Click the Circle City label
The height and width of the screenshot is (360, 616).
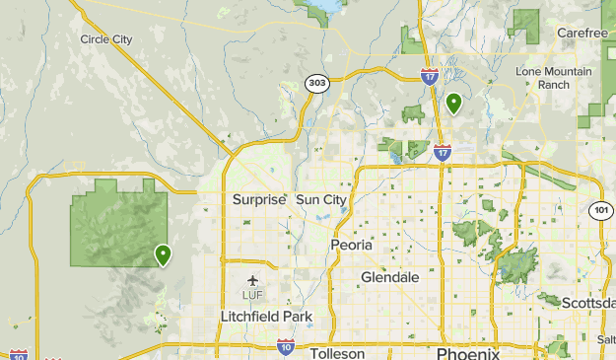click(x=106, y=39)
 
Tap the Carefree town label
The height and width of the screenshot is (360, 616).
click(x=582, y=33)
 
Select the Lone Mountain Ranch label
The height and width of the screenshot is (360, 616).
click(x=554, y=78)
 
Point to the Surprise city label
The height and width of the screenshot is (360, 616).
click(x=259, y=199)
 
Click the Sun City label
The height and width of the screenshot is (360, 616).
click(x=321, y=199)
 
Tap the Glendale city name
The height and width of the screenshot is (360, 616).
click(x=389, y=277)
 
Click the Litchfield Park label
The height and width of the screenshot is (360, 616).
click(x=266, y=317)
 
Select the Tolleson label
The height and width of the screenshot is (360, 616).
click(x=338, y=353)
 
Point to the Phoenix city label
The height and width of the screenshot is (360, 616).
click(x=468, y=354)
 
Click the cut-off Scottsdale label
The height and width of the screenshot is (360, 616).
click(x=588, y=303)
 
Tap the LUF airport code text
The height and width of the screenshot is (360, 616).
click(x=252, y=295)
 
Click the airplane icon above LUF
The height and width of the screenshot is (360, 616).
click(x=252, y=280)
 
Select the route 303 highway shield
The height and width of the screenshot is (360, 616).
click(x=315, y=84)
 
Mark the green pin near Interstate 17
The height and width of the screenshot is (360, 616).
click(x=454, y=103)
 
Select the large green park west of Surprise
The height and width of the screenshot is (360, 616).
click(x=113, y=222)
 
